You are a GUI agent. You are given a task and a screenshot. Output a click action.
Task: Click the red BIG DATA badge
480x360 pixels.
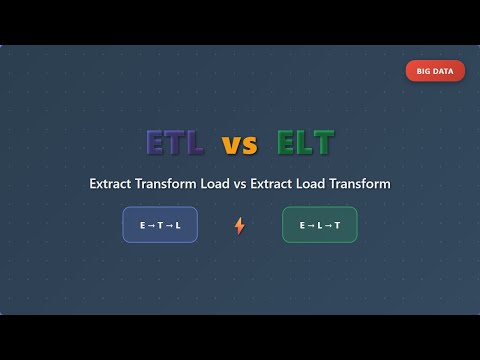pos(435,71)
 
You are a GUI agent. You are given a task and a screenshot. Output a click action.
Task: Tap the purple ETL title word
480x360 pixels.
pos(176,143)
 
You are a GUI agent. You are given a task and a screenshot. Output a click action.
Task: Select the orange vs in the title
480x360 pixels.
pos(240,145)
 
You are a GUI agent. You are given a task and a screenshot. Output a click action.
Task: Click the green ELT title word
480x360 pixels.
pos(306,143)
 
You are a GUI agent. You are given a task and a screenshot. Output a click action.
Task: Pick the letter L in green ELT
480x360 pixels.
pos(306,143)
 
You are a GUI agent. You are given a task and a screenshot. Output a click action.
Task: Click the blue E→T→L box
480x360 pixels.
pos(160,225)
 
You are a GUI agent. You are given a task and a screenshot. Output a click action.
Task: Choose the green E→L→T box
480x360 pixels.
pos(320,225)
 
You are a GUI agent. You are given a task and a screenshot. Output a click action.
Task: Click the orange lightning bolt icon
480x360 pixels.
pos(240,225)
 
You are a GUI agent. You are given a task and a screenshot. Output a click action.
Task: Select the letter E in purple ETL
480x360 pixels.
pos(157,143)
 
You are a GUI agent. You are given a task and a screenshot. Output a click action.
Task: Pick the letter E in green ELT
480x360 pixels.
pos(288,143)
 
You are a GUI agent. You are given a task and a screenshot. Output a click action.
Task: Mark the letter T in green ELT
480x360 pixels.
pos(324,143)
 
